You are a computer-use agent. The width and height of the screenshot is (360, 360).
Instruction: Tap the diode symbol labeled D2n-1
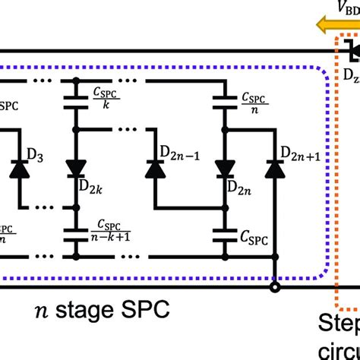pos(156,168)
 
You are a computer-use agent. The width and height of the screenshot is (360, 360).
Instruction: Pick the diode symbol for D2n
pos(223,166)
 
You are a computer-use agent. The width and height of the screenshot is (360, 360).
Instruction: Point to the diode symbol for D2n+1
pos(272,168)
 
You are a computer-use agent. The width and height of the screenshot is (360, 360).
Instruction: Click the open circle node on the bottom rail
pos(273,287)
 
